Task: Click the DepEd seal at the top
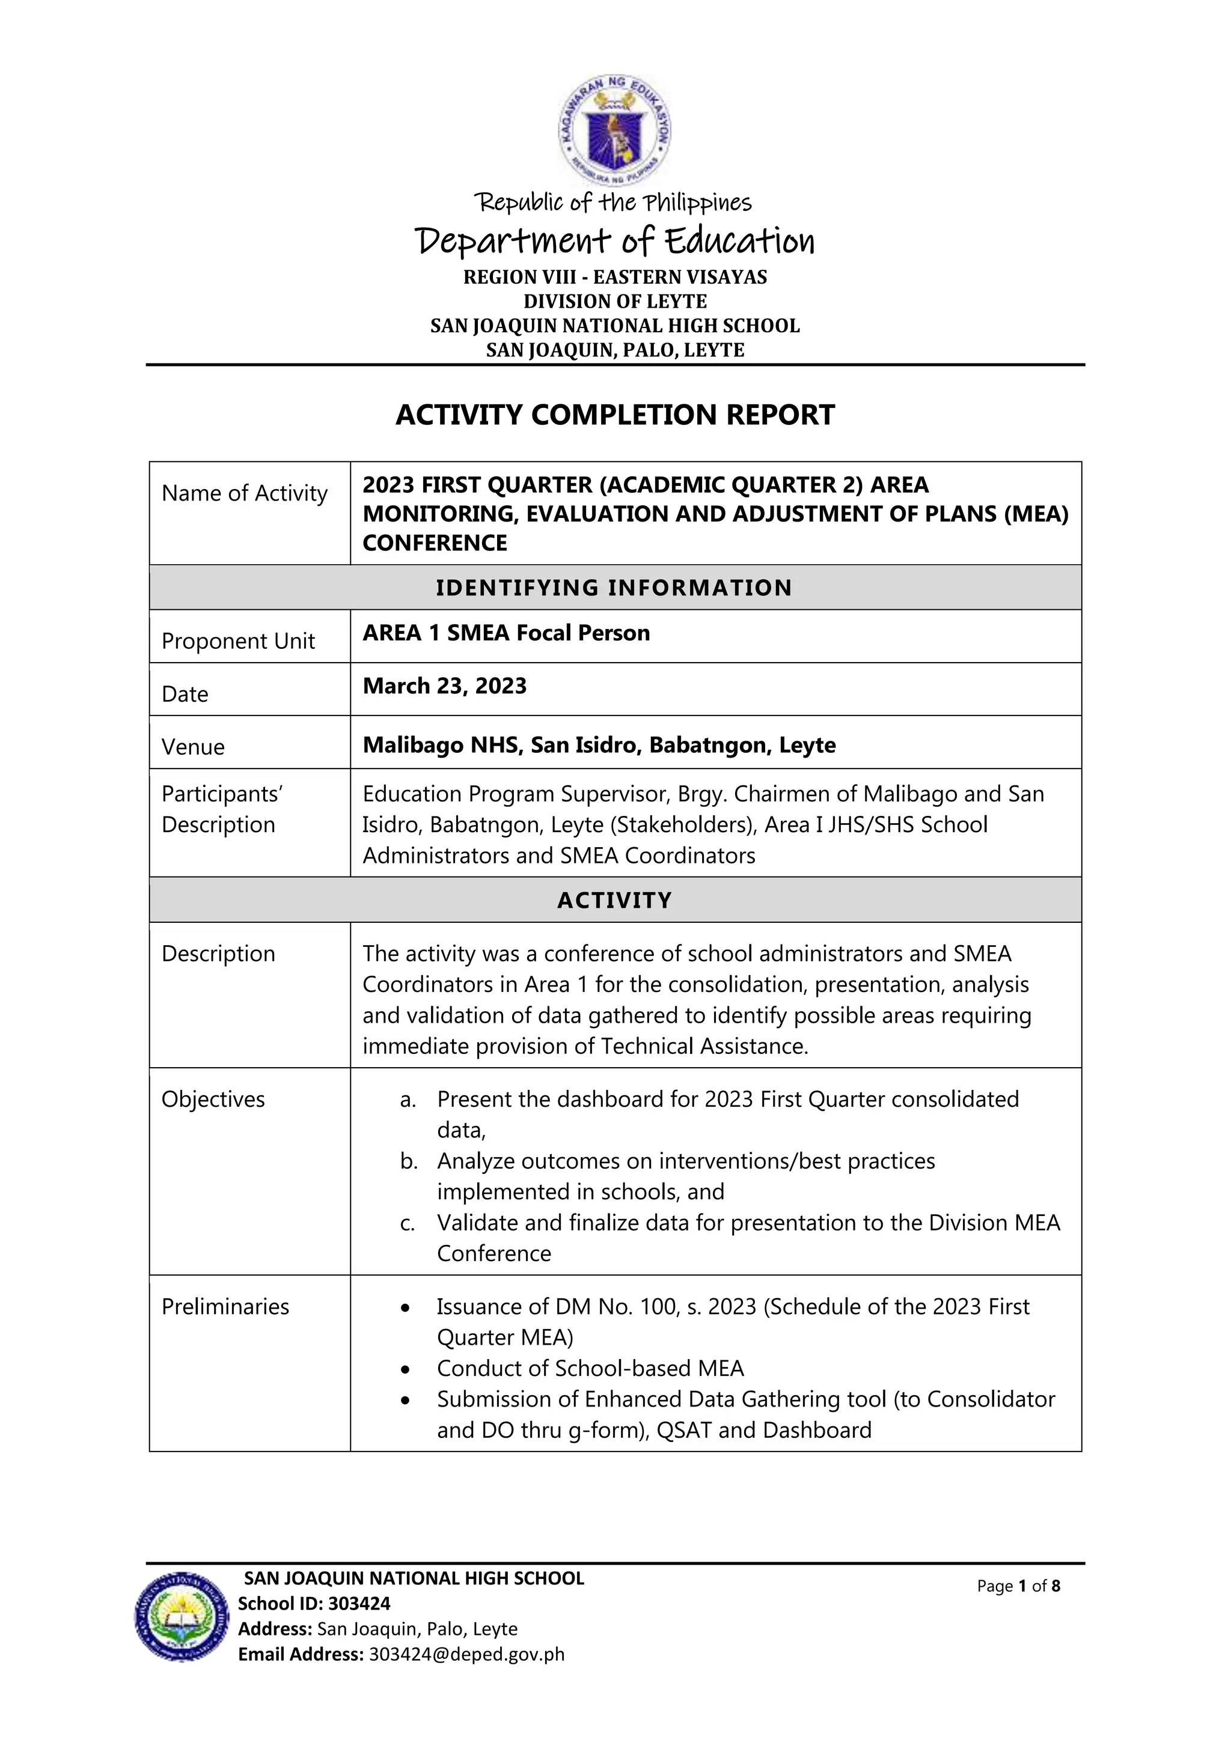tap(615, 130)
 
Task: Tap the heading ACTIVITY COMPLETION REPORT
tap(615, 415)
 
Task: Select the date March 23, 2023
tap(444, 686)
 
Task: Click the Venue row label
tap(194, 747)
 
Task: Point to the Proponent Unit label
tap(238, 641)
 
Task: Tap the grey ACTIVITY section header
tap(615, 900)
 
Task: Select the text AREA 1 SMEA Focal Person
tap(506, 633)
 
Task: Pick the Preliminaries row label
tap(225, 1307)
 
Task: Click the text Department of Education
tap(615, 241)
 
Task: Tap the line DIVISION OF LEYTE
tap(615, 302)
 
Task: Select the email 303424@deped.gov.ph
tap(467, 1654)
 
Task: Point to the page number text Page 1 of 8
tap(1018, 1586)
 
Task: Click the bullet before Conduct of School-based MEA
tap(406, 1369)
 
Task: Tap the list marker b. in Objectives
tap(409, 1162)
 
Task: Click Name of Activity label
tap(244, 493)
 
